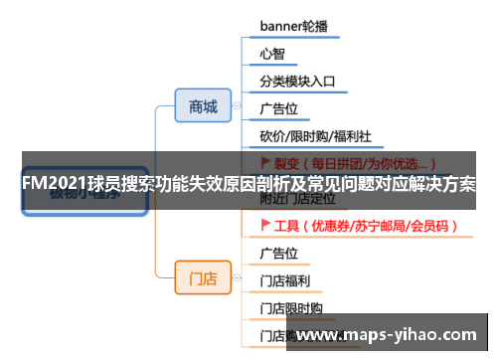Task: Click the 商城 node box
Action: coord(203,106)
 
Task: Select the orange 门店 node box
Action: coord(203,278)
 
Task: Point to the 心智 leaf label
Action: coord(272,53)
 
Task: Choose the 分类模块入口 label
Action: coord(298,81)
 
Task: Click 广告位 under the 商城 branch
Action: coord(279,107)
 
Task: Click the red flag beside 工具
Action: coord(265,226)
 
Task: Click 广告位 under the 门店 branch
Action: coord(279,253)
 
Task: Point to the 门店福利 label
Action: coord(285,280)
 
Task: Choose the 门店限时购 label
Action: coord(292,308)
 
